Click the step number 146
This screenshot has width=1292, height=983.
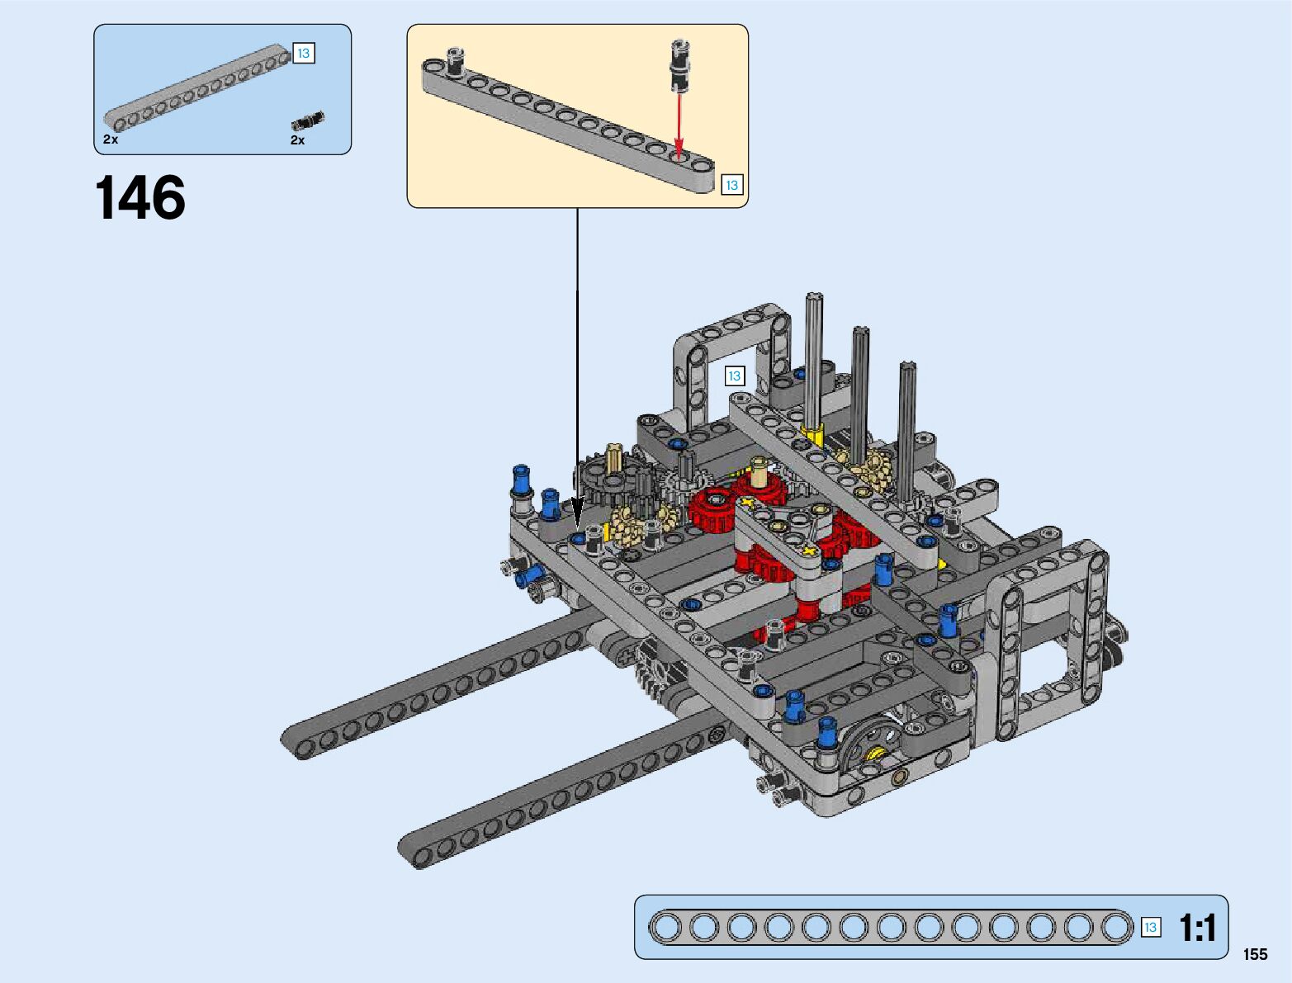tap(140, 197)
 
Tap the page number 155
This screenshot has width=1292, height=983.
tap(1255, 954)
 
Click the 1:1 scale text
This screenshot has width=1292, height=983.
tap(1198, 929)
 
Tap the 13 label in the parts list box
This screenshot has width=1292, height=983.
tap(304, 54)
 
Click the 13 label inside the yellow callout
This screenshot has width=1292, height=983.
tap(731, 186)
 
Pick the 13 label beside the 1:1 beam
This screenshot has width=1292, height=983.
tap(1150, 928)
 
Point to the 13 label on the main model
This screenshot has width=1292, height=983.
tap(734, 376)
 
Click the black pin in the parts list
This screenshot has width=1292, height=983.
tap(308, 121)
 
